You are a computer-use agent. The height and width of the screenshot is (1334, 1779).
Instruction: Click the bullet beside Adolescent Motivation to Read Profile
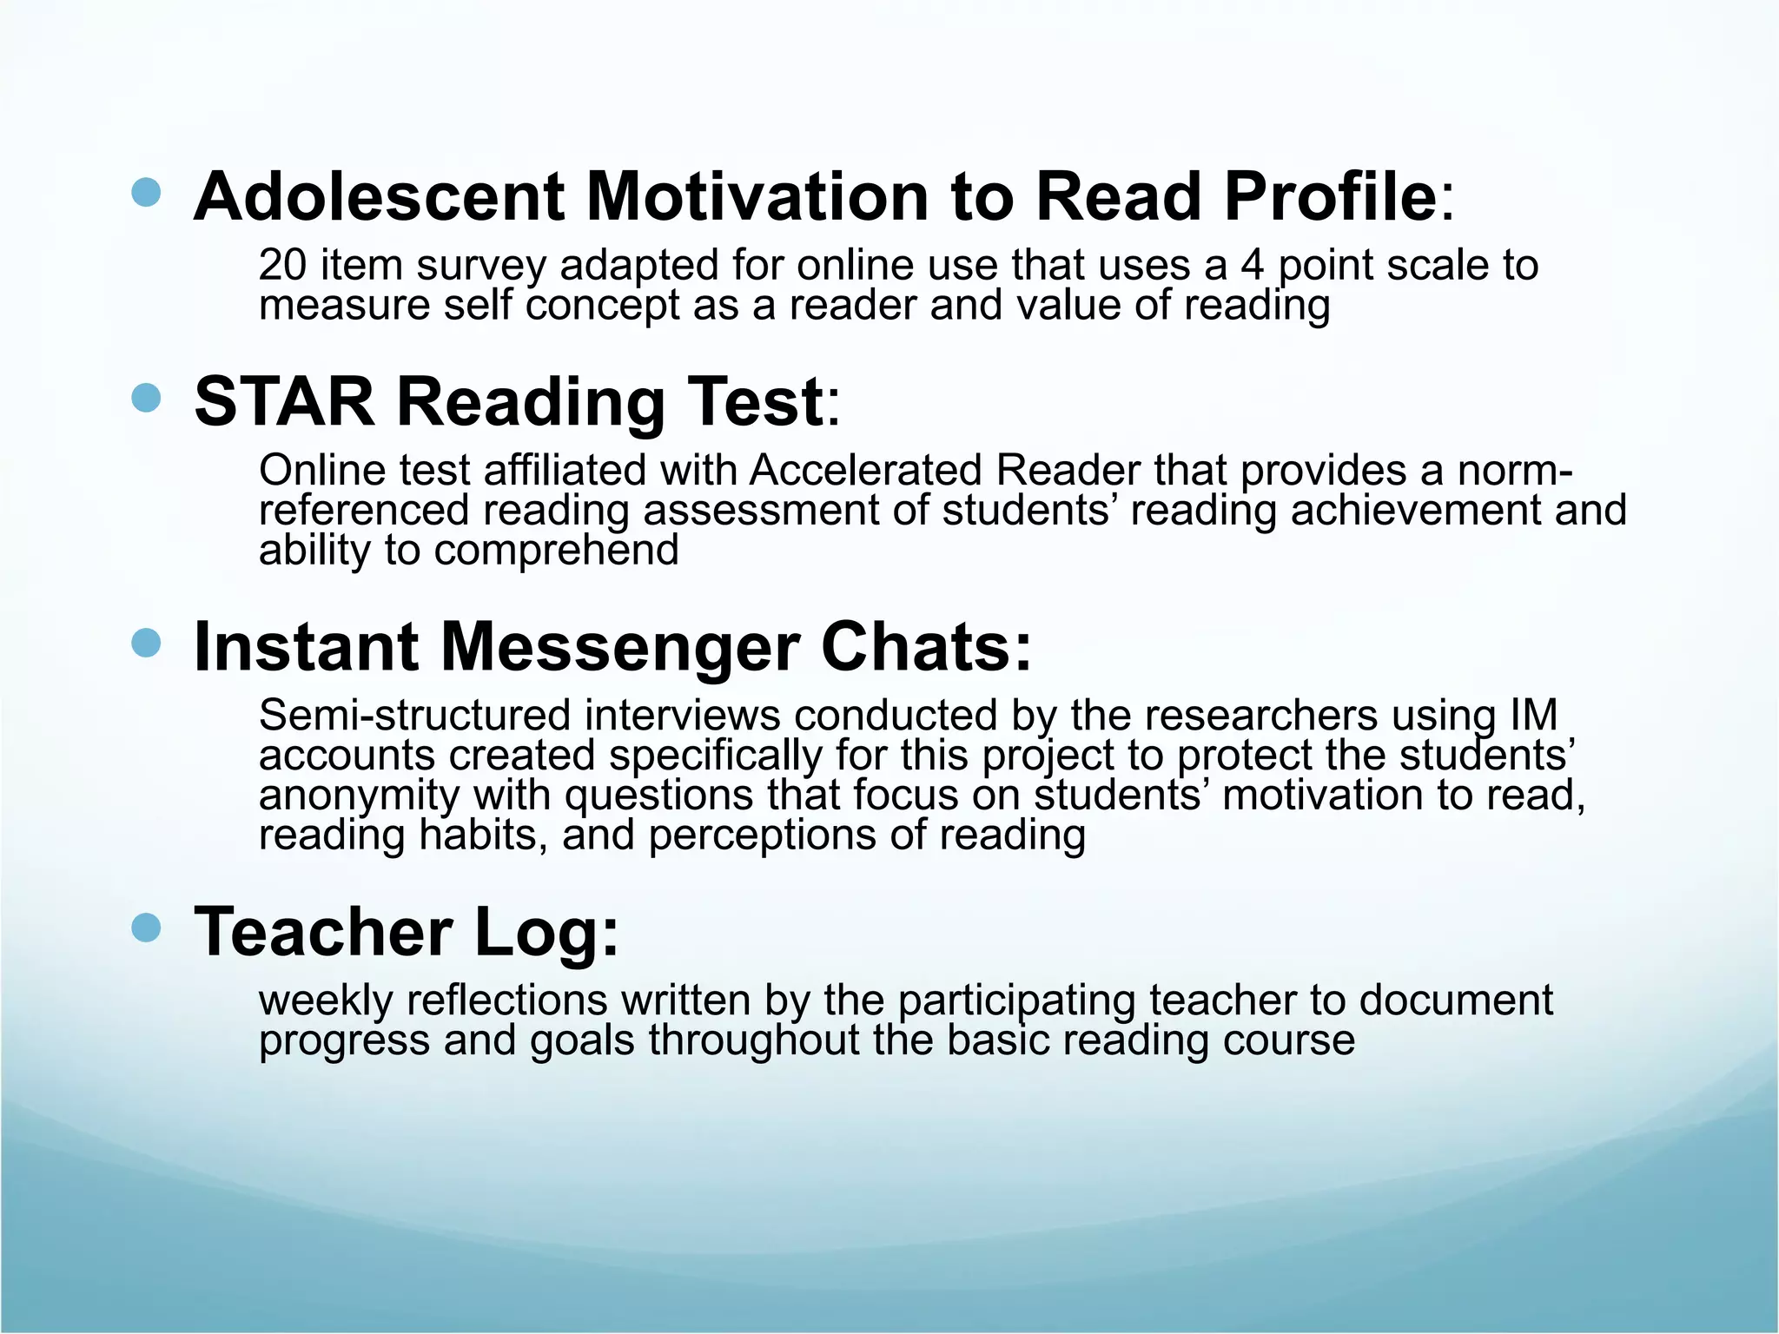click(x=147, y=193)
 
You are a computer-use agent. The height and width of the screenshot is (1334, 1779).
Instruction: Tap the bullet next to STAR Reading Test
click(x=147, y=399)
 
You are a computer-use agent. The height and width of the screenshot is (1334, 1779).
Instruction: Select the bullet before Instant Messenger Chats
click(x=147, y=644)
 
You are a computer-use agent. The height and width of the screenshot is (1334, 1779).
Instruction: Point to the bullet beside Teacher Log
click(x=147, y=928)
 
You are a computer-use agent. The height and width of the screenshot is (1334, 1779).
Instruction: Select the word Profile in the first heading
click(x=1330, y=196)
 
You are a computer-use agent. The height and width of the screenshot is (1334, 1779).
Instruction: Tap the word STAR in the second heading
click(x=284, y=401)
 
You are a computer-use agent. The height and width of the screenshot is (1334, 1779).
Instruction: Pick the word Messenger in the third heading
click(x=620, y=647)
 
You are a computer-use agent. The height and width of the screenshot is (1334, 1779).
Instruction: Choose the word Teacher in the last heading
click(x=322, y=932)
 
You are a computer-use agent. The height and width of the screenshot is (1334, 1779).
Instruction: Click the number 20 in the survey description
click(x=282, y=265)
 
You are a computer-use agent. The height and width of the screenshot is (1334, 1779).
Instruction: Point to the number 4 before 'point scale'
click(x=1252, y=265)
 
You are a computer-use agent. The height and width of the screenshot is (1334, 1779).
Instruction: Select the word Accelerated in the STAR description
click(x=865, y=471)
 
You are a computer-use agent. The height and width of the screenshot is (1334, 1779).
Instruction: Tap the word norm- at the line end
click(x=1515, y=471)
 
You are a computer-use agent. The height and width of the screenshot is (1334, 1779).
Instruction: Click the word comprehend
click(x=556, y=551)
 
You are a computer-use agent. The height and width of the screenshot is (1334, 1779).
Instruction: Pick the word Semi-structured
click(x=414, y=716)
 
